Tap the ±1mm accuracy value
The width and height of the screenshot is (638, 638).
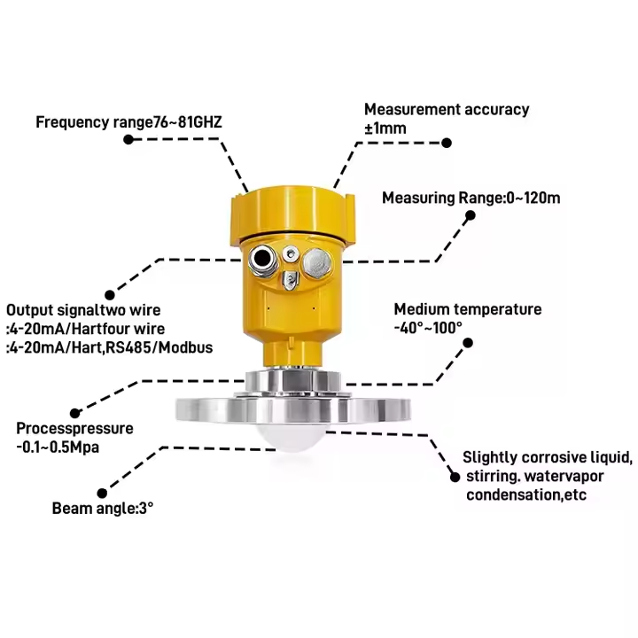tap(385, 128)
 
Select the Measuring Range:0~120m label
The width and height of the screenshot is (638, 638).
tap(471, 198)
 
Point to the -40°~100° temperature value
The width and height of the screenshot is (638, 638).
tap(429, 328)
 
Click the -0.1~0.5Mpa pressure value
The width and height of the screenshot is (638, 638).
tap(58, 447)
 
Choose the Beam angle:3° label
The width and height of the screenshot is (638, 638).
tap(103, 509)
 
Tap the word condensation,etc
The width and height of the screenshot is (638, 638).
tap(526, 495)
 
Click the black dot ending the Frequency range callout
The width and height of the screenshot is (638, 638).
tap(128, 140)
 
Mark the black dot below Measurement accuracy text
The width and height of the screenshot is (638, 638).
tap(447, 143)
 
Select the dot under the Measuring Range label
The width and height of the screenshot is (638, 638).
tap(471, 215)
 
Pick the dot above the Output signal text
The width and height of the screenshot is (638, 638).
tap(110, 295)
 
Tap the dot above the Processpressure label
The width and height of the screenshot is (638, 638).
tap(74, 414)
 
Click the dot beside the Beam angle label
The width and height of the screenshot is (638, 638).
tap(102, 494)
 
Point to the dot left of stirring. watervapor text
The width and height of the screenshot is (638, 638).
tap(455, 477)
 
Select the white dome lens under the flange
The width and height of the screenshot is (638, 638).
tap(292, 437)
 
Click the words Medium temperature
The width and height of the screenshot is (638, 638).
tap(468, 309)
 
